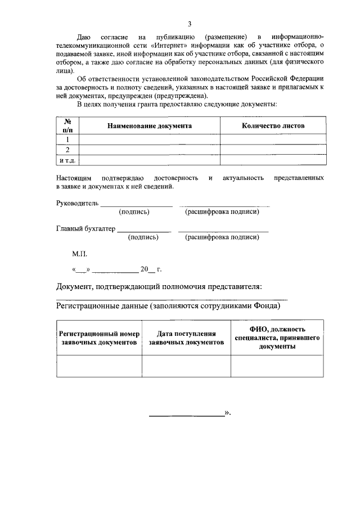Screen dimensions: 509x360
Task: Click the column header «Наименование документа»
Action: coord(150,126)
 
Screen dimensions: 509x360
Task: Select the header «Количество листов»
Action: coord(273,126)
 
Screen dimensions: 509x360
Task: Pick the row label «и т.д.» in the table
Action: coord(67,161)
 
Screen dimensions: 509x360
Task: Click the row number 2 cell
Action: coord(67,150)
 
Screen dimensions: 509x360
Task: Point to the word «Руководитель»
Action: coord(78,203)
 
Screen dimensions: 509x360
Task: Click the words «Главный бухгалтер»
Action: coord(85,229)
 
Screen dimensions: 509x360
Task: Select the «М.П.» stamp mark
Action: coord(72,254)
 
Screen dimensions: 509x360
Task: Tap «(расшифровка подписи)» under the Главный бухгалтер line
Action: coord(222,237)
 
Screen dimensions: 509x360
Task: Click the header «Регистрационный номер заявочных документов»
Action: coord(99,338)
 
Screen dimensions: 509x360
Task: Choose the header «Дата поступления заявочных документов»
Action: coord(186,338)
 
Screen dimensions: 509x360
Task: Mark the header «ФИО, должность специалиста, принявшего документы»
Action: coord(277,338)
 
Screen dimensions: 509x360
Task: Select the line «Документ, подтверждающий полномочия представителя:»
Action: coord(159,287)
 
